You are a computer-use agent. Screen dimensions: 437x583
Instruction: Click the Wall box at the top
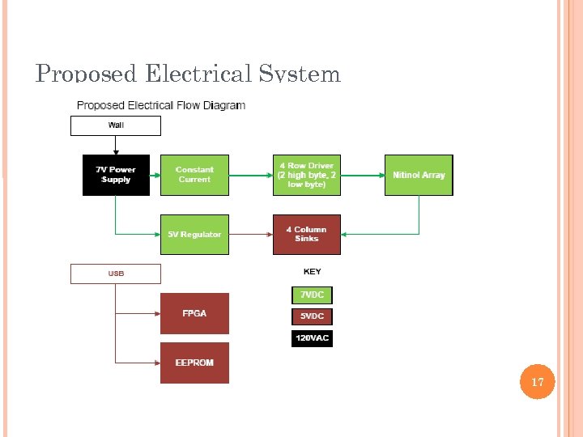click(116, 125)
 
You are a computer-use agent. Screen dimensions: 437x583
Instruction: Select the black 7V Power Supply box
click(117, 175)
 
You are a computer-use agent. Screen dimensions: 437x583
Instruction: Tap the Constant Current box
click(194, 175)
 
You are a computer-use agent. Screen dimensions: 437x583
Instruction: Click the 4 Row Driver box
click(306, 175)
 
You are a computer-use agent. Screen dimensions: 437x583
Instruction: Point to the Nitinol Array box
click(419, 175)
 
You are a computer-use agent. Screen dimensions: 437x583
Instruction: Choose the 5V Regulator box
click(194, 235)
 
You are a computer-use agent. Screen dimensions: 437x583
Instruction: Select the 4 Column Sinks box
click(306, 235)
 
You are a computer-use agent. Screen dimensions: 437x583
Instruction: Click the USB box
click(116, 274)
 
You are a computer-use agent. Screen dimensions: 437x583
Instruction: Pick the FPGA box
click(194, 313)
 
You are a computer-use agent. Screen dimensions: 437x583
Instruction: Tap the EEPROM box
click(194, 363)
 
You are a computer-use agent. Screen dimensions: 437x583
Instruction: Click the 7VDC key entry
click(312, 295)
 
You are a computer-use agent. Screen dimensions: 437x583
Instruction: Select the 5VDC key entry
click(312, 316)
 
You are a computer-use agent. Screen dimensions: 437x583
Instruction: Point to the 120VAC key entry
click(312, 338)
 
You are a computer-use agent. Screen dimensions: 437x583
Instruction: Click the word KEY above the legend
click(312, 272)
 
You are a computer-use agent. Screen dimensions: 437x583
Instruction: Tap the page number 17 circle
click(538, 381)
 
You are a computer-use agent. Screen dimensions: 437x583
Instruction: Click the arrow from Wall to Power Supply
click(116, 145)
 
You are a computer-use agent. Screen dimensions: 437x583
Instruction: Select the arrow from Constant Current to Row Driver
click(250, 175)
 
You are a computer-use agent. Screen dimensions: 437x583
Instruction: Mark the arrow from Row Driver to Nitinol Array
click(362, 175)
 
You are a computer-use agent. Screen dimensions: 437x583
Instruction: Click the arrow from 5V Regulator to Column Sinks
click(250, 235)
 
